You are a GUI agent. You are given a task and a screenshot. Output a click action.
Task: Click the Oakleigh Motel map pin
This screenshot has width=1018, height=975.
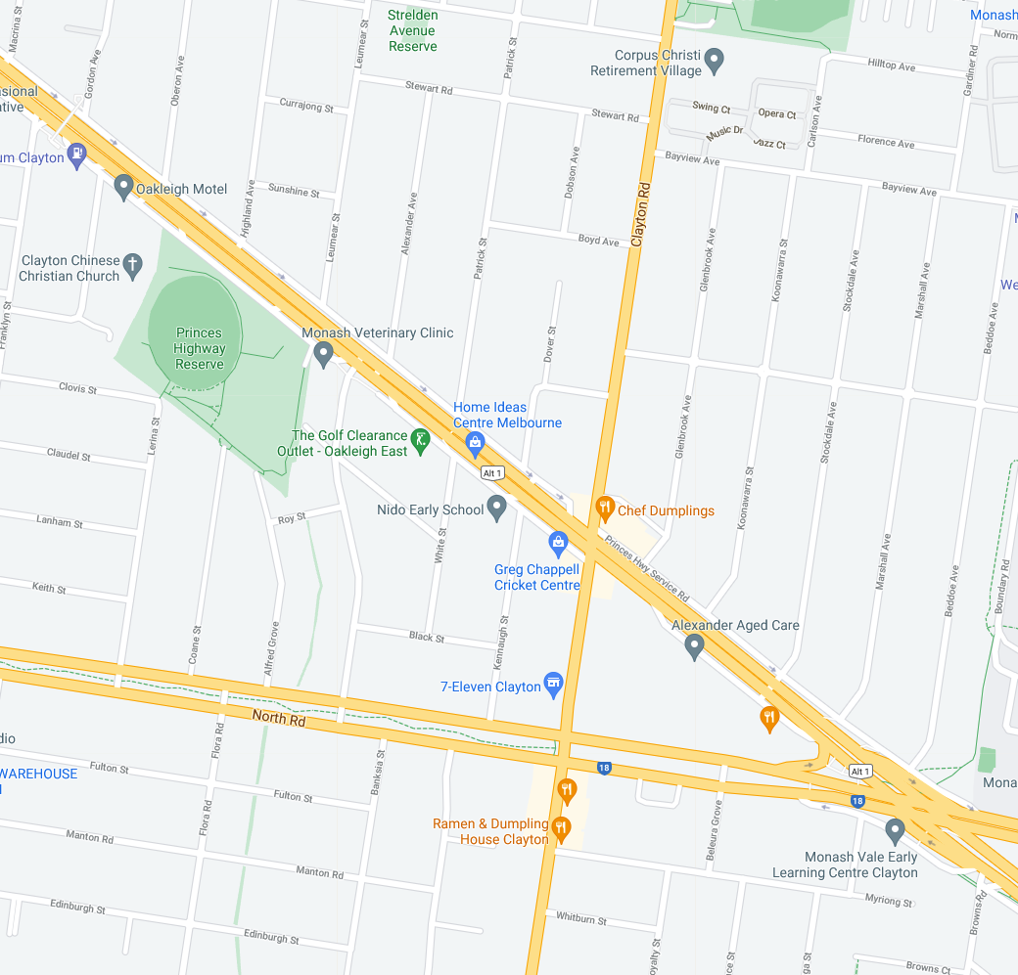123,186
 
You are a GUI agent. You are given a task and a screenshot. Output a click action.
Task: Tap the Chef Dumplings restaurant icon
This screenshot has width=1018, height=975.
605,508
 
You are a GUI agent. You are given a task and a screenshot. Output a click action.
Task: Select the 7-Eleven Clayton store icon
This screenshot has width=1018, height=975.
553,684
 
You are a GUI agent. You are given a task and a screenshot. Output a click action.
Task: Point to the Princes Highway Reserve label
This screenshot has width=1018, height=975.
200,348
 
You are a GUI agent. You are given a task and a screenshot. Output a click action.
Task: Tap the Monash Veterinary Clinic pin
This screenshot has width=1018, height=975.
324,355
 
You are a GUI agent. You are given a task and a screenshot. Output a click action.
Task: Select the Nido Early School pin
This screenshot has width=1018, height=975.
497,507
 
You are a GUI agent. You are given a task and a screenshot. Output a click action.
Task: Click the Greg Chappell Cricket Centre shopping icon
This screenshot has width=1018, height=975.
558,542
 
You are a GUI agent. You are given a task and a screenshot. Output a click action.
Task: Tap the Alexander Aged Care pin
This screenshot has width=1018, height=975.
694,645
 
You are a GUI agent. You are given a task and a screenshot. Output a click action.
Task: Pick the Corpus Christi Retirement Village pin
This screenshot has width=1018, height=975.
715,61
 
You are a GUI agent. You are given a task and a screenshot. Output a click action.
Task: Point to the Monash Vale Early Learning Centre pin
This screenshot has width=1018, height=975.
894,831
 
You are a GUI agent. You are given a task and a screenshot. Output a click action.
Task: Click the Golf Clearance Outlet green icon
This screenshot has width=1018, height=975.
419,440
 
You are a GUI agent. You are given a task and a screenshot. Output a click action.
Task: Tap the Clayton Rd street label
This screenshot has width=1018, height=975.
640,213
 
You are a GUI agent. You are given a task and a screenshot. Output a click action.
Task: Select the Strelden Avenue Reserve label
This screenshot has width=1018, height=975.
412,30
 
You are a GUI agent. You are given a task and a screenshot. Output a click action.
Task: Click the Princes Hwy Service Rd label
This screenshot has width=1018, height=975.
647,569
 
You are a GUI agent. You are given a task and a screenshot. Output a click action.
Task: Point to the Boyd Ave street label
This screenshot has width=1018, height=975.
599,240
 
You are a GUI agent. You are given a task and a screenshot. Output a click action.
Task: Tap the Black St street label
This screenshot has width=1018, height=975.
427,637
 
